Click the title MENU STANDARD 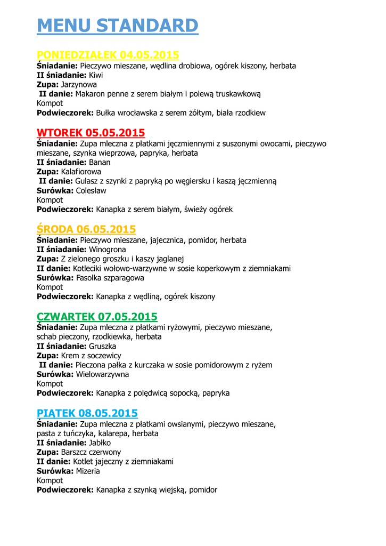click(117, 26)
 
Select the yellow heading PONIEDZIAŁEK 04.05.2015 click(108, 55)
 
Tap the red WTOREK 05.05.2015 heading click(91, 133)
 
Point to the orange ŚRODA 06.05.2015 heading click(86, 229)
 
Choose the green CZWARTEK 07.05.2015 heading click(97, 317)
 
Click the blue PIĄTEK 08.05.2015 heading click(87, 413)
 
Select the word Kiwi click(96, 75)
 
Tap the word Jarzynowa click(79, 85)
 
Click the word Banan click(100, 163)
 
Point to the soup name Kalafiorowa click(81, 172)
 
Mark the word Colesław click(91, 190)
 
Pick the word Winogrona click(108, 250)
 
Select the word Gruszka click(103, 346)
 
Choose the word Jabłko click(100, 443)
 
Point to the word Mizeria click(88, 471)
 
